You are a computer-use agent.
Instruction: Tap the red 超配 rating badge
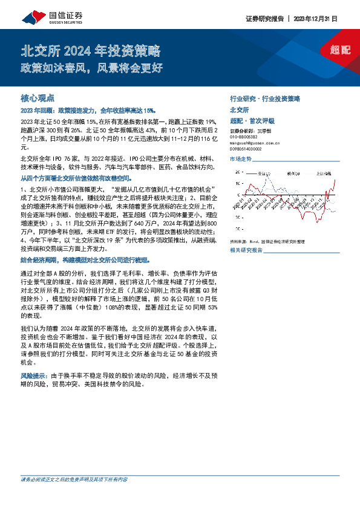[x=341, y=50]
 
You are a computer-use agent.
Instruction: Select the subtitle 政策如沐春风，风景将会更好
[x=91, y=67]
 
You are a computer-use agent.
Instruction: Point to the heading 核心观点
[x=38, y=97]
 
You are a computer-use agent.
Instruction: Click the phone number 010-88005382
[x=247, y=137]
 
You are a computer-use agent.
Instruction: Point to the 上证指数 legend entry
[x=326, y=173]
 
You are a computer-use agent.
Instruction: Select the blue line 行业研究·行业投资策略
[x=265, y=98]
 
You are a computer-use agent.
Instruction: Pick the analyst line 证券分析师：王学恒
[x=254, y=131]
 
